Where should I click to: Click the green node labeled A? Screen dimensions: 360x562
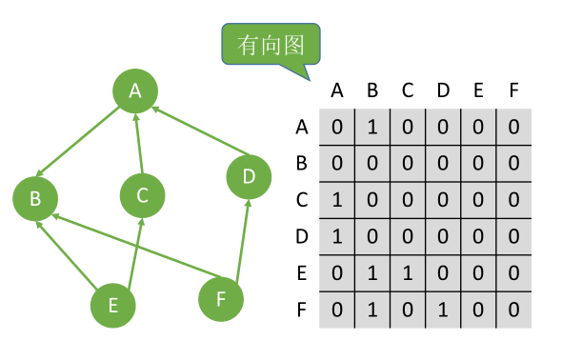tap(135, 90)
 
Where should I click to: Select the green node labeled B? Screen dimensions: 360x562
tap(35, 199)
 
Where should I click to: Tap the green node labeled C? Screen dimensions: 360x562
tap(142, 195)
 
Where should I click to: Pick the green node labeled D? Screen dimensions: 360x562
tap(249, 176)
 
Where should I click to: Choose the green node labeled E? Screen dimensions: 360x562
tap(112, 305)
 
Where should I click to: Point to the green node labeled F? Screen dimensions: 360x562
tap(221, 299)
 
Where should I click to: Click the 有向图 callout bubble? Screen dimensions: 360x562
tap(271, 44)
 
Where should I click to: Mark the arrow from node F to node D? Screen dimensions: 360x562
tap(240, 238)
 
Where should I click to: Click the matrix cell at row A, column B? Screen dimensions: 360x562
tap(372, 127)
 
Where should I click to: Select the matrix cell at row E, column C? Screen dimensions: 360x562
tap(408, 274)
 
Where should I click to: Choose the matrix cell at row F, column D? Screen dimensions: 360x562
tap(443, 310)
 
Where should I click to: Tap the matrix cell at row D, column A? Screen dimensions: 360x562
tap(337, 237)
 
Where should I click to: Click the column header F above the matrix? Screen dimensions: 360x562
tap(513, 91)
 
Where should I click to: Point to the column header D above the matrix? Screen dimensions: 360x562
tap(443, 91)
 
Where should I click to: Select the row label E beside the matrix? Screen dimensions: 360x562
tap(302, 274)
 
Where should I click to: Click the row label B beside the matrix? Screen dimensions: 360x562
tap(302, 163)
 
